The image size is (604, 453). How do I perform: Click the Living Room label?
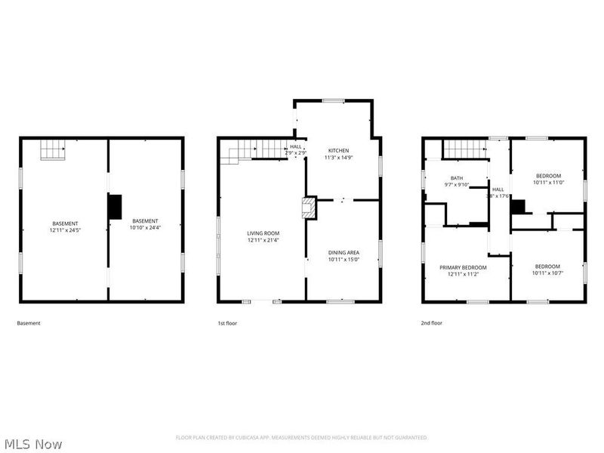tap(263, 233)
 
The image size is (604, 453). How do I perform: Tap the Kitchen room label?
tap(337, 150)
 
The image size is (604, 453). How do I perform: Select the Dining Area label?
tap(343, 252)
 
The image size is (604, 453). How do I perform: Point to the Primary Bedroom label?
tap(464, 267)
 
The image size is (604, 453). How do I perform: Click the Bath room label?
tap(457, 178)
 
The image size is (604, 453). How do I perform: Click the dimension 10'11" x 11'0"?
tap(548, 182)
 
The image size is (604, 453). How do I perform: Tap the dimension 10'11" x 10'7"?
tap(547, 273)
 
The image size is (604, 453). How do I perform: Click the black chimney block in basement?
tap(115, 207)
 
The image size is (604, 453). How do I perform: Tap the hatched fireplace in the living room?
tap(308, 208)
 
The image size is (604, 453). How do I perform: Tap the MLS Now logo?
tap(33, 444)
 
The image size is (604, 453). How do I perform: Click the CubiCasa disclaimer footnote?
tap(301, 437)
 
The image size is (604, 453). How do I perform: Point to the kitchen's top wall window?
tap(334, 100)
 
